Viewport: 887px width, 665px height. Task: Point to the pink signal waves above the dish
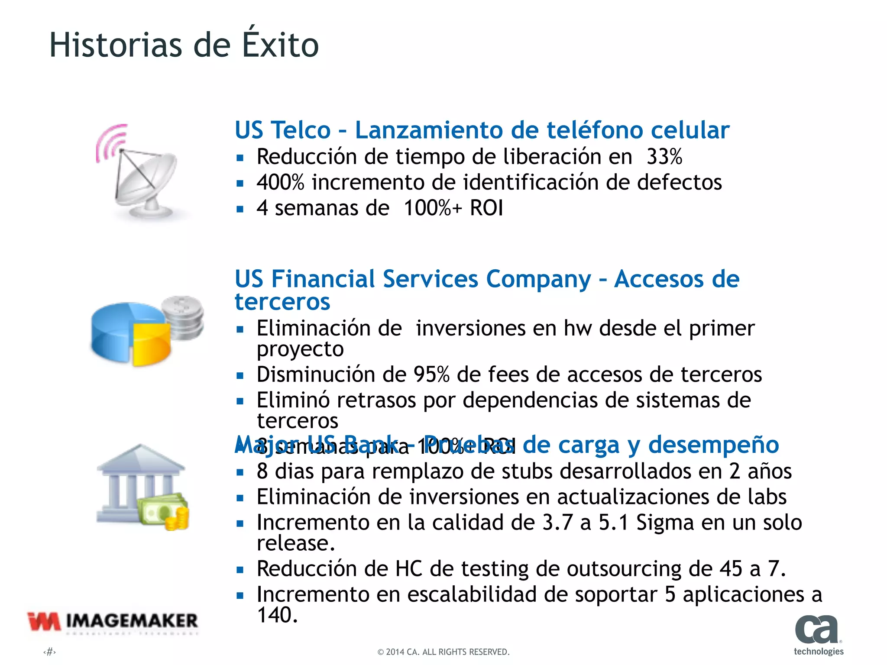110,141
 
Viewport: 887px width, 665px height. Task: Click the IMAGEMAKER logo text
132,621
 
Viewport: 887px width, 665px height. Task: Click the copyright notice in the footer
443,652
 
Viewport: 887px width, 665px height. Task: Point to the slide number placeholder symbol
50,652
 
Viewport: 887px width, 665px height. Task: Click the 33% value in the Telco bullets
664,157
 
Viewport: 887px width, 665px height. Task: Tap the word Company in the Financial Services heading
538,279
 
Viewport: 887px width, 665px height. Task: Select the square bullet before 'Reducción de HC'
240,570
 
